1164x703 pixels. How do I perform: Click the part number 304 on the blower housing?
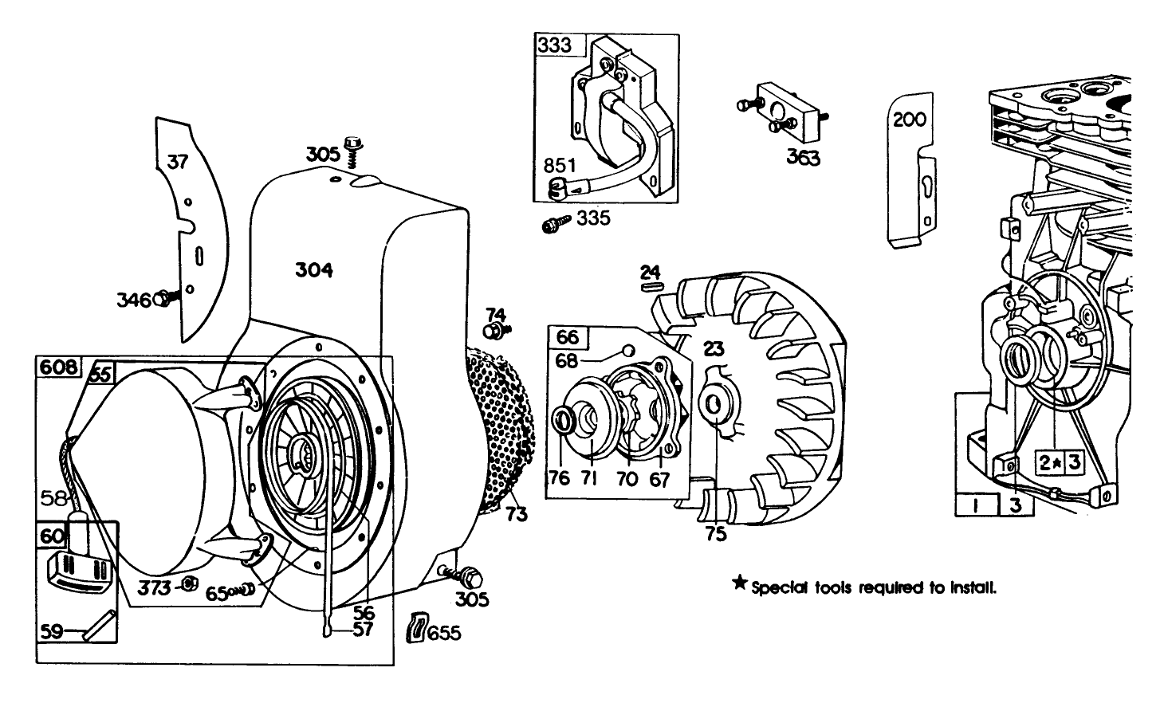pos(313,270)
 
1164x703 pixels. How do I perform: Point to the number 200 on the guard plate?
pos(909,120)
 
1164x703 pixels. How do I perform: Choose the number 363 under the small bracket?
pos(803,158)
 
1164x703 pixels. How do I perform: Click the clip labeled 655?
pos(417,626)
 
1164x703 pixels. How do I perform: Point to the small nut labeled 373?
pos(189,584)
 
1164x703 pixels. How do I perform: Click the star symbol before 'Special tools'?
pos(738,586)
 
